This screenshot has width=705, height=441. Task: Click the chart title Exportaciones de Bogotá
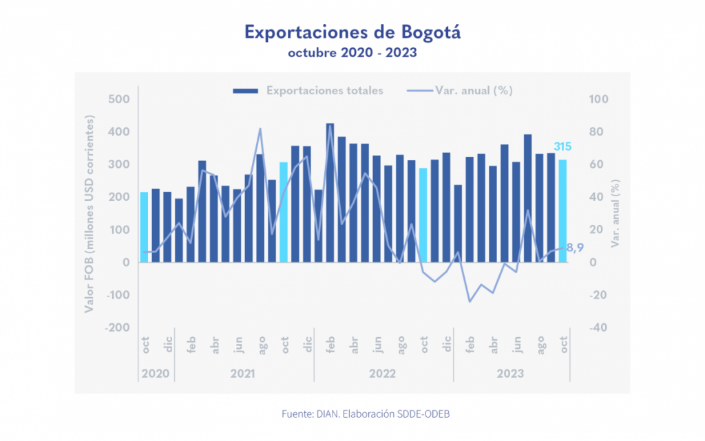tap(352, 32)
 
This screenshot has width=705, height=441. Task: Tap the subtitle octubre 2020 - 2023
tap(352, 53)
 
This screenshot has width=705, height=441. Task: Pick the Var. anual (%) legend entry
tap(460, 90)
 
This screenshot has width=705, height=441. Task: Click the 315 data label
tap(562, 147)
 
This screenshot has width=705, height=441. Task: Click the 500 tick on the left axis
tap(119, 99)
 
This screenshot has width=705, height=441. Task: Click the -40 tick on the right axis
tap(598, 327)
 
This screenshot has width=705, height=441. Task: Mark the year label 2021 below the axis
tap(243, 374)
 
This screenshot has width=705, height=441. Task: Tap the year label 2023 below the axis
tap(510, 374)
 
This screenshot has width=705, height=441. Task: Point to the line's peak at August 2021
tap(260, 129)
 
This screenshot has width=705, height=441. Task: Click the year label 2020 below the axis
tap(156, 374)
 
